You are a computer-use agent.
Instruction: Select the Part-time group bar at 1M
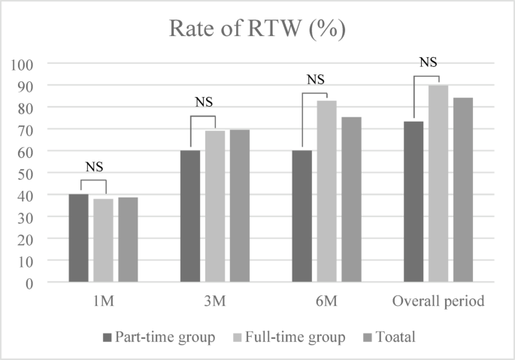pyautogui.click(x=78, y=238)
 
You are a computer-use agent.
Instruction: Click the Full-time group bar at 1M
pyautogui.click(x=103, y=241)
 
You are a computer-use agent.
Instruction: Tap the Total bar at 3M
pyautogui.click(x=240, y=206)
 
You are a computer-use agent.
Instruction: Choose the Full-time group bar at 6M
pyautogui.click(x=326, y=192)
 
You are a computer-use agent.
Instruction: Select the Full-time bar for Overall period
pyautogui.click(x=438, y=184)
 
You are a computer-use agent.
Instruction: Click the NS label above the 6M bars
pyautogui.click(x=315, y=80)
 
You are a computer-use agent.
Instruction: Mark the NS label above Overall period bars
pyautogui.click(x=427, y=62)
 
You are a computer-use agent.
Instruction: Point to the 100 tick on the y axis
pyautogui.click(x=27, y=64)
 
